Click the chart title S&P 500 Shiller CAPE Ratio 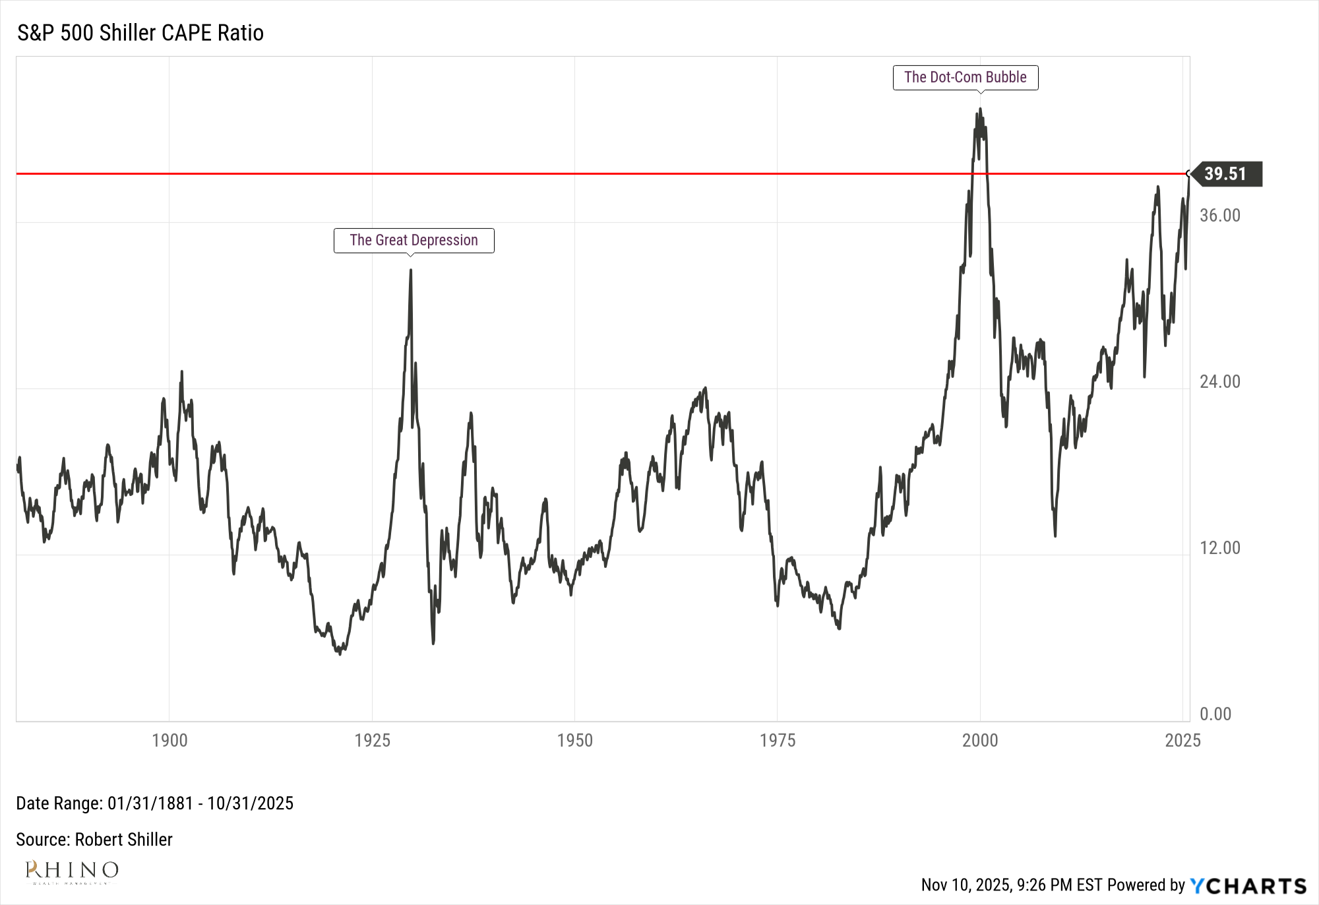(x=140, y=33)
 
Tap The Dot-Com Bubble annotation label (x=965, y=77)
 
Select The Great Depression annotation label (x=414, y=240)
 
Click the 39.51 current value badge (x=1226, y=174)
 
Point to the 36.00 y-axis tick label (x=1219, y=216)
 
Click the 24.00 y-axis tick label (x=1219, y=382)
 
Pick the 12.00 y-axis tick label (x=1219, y=548)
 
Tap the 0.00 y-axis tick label (x=1215, y=714)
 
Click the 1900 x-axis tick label (x=169, y=740)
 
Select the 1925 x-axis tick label (x=372, y=740)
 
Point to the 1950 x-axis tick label (x=574, y=740)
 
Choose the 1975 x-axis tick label (x=777, y=740)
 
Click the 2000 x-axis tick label (x=980, y=740)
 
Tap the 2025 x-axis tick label (x=1182, y=740)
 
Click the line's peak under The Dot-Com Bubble (x=981, y=109)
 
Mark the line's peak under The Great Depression (x=410, y=270)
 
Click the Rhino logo (x=71, y=871)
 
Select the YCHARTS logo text (x=1248, y=885)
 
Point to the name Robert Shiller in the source (x=123, y=840)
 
